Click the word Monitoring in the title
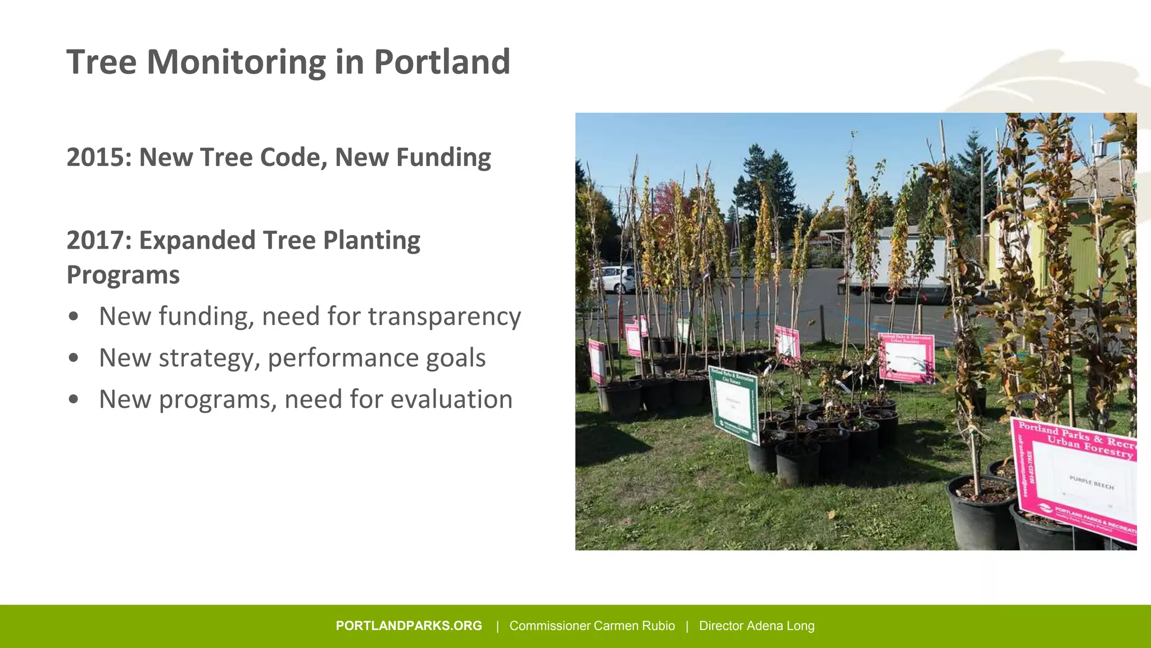[x=236, y=62]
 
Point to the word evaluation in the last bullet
[x=451, y=399]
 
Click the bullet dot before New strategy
[x=73, y=358]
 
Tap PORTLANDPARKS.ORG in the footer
[x=409, y=626]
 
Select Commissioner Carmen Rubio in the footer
[x=592, y=626]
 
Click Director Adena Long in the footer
[x=756, y=626]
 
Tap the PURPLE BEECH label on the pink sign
[x=1091, y=483]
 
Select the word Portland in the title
[x=442, y=62]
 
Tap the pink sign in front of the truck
[x=906, y=358]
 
